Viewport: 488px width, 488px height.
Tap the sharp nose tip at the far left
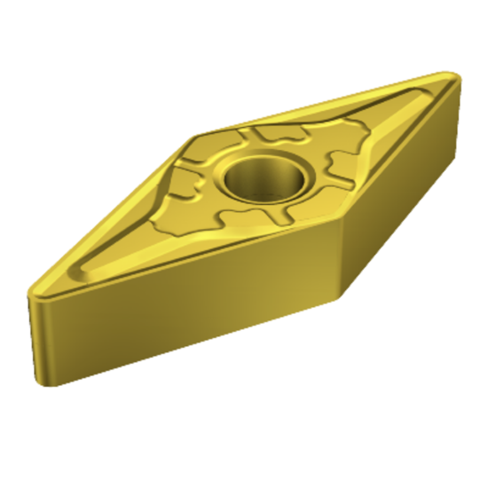tap(33, 288)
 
